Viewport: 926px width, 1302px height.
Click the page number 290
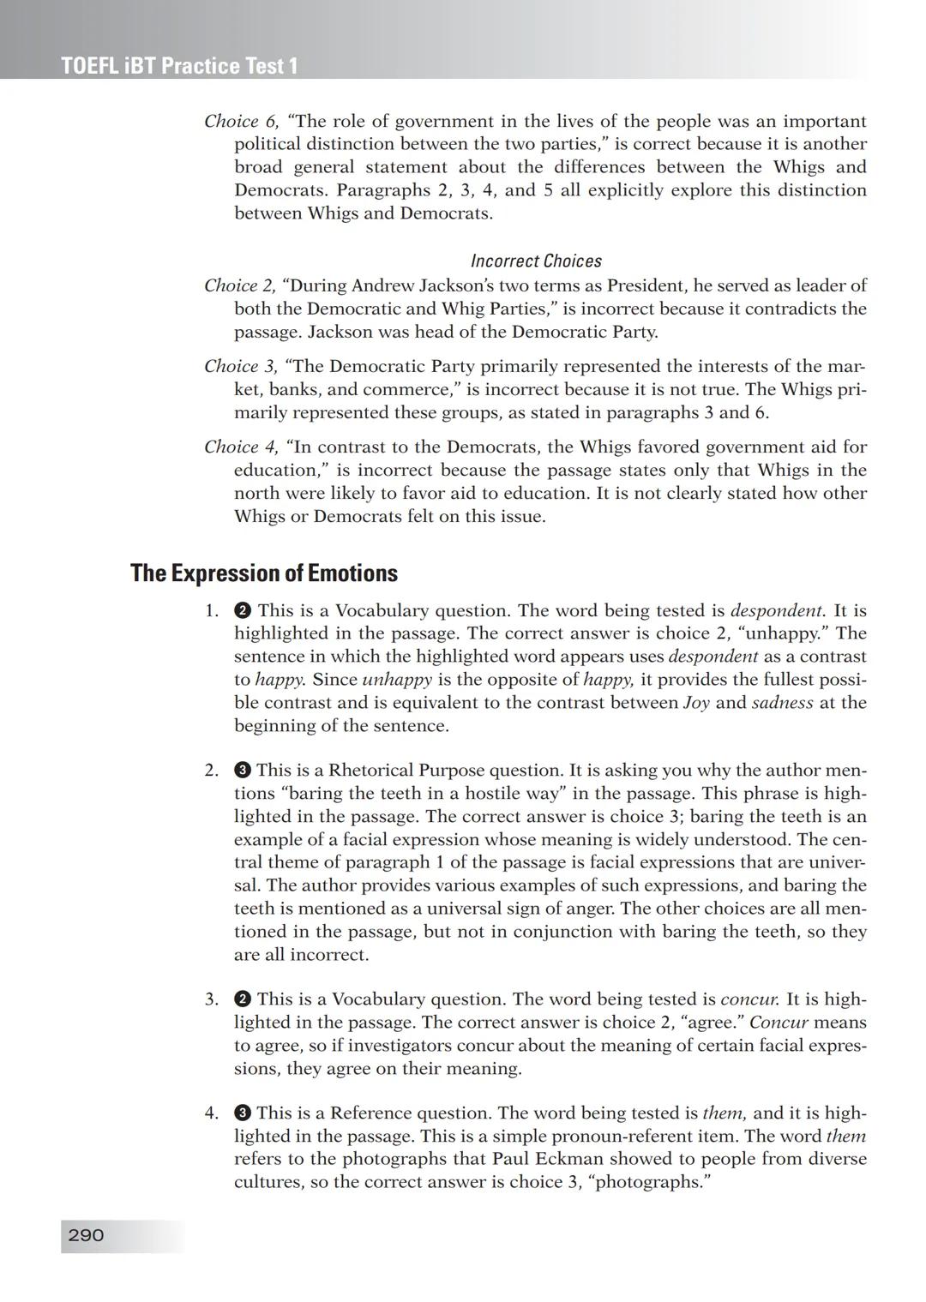[x=86, y=1235]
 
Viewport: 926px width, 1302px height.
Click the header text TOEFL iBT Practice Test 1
[x=179, y=66]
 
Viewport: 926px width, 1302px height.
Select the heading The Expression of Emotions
[x=263, y=573]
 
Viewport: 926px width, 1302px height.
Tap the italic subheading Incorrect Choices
[x=536, y=261]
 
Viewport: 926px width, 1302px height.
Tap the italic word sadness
[x=782, y=703]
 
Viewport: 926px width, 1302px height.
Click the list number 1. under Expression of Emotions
[x=212, y=611]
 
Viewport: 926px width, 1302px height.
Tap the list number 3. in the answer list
[x=212, y=999]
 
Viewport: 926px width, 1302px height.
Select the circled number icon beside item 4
[x=243, y=1113]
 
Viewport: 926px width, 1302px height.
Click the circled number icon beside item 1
[x=243, y=611]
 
